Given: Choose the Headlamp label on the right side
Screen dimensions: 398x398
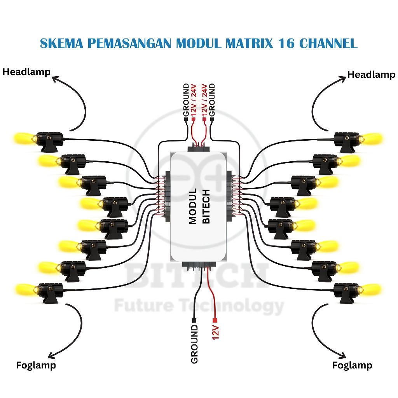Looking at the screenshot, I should (371, 74).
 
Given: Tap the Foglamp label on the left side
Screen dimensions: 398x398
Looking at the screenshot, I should (36, 365).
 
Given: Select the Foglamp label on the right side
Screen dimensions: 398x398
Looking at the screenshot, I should (352, 365).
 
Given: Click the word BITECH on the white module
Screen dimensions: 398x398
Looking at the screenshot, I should (206, 206).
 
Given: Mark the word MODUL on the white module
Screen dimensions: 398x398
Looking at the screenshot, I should (193, 206).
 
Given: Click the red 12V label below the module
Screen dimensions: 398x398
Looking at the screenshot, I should (216, 333).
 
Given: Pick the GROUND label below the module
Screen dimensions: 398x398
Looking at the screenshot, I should (194, 344).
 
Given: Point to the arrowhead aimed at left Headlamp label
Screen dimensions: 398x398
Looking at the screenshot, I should (54, 79).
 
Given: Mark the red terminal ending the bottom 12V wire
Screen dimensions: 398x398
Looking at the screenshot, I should (215, 321).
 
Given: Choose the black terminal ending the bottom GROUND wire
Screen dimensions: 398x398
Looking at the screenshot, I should (194, 321).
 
